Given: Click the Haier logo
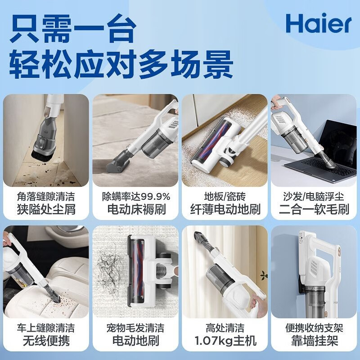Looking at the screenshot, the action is [x=319, y=23].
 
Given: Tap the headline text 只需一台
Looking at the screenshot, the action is [x=73, y=28].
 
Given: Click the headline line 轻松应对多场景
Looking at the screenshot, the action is [x=121, y=64].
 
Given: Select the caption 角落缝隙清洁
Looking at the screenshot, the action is [x=46, y=197].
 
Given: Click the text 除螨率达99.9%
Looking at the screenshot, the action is [x=136, y=197].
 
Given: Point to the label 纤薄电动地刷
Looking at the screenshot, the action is [x=225, y=209].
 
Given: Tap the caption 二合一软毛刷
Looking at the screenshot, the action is [x=314, y=209].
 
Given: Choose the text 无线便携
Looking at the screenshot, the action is [x=46, y=341].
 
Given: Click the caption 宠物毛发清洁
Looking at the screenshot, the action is [x=135, y=328].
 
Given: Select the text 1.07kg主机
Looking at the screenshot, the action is [x=225, y=341].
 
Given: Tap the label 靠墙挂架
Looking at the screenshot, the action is [x=314, y=341].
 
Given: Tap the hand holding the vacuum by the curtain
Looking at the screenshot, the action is [x=257, y=302].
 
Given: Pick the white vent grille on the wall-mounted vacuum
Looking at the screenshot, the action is [x=313, y=267].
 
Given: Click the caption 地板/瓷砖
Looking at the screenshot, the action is [x=225, y=197].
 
